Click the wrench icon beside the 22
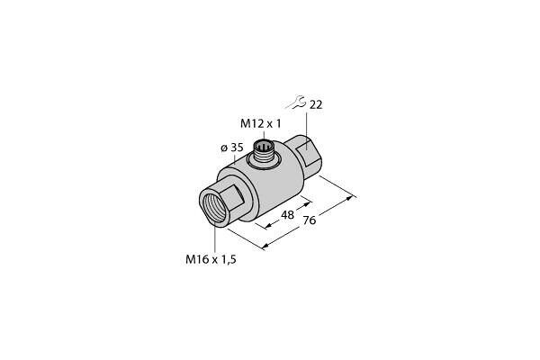[295, 103]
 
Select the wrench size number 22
[316, 104]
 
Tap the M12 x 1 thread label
[261, 123]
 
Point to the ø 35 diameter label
[232, 148]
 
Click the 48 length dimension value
[288, 215]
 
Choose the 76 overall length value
[310, 220]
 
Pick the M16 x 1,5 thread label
[211, 259]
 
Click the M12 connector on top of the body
[264, 153]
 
